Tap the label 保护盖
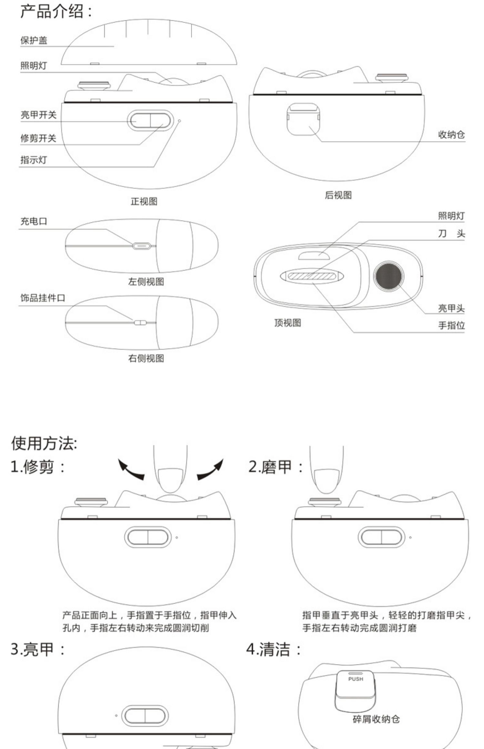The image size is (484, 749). [x=34, y=40]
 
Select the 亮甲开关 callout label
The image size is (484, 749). [x=38, y=115]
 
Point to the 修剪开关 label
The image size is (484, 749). [x=38, y=138]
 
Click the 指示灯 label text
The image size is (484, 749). [x=34, y=160]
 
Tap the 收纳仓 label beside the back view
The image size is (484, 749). [x=451, y=135]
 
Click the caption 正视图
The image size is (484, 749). [x=144, y=202]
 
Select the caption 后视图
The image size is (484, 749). [x=338, y=195]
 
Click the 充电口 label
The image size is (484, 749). [x=34, y=221]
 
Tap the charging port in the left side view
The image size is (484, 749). [x=142, y=246]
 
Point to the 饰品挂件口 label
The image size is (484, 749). [x=43, y=298]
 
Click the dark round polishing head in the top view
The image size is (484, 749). [x=388, y=276]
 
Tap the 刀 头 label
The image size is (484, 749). [x=451, y=233]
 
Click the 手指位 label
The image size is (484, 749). [x=451, y=325]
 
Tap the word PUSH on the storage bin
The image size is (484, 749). [x=356, y=679]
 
